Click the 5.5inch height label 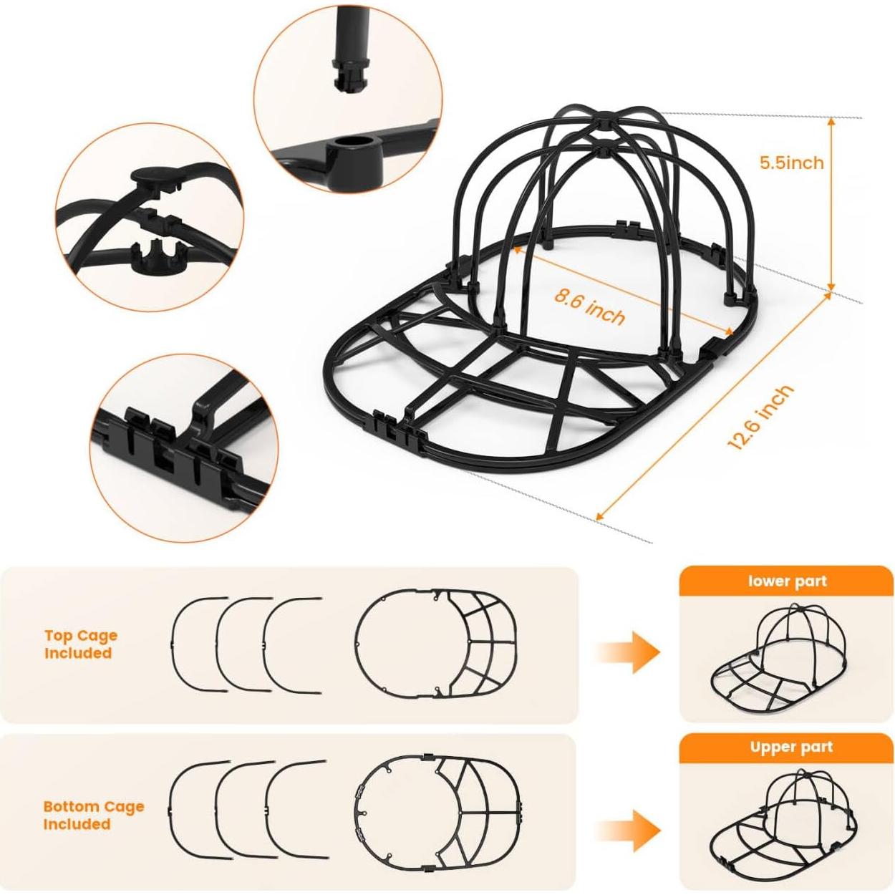tap(791, 163)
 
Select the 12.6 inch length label tap(760, 417)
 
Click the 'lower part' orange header tap(787, 581)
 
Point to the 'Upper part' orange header tap(791, 748)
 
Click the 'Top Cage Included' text tap(80, 644)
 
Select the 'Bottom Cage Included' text tap(93, 815)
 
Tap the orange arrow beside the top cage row tap(630, 652)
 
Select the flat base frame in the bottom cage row tap(437, 811)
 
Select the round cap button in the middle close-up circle tap(153, 177)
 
